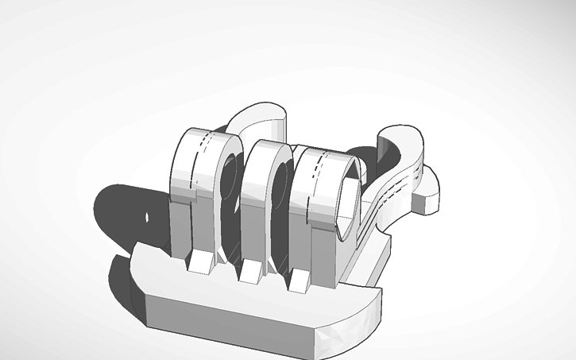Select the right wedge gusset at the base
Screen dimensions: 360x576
(x=301, y=279)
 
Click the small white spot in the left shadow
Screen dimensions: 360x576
(x=148, y=216)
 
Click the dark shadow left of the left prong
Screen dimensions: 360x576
(x=127, y=215)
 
